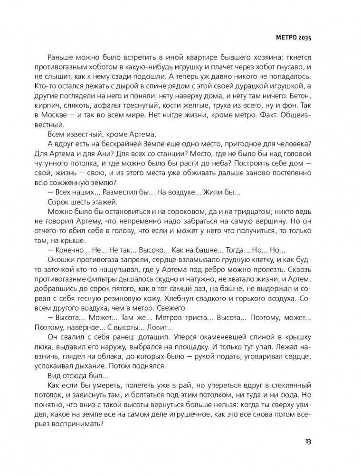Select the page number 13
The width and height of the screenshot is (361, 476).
[x=308, y=442]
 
